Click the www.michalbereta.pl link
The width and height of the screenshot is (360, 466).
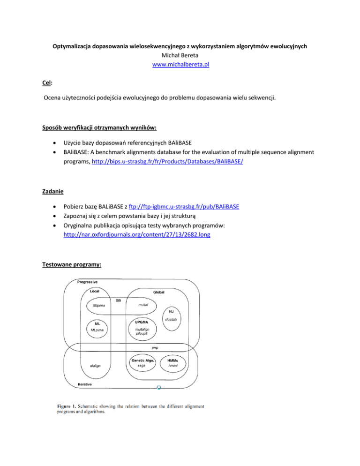[180, 65]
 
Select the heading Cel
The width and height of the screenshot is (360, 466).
[45, 83]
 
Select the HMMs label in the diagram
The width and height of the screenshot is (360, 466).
[175, 360]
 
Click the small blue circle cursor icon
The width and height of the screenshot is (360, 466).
[159, 388]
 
